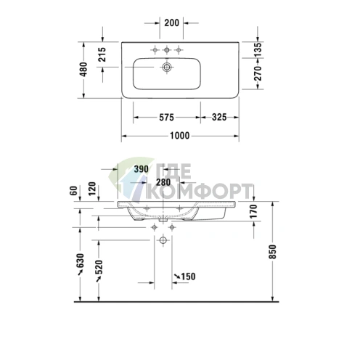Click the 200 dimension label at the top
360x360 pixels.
172,23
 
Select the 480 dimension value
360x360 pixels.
83,70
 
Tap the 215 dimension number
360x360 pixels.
102,54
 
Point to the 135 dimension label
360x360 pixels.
258,50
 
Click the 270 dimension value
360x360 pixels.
258,73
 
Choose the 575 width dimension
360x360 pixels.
166,118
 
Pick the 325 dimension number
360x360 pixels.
219,117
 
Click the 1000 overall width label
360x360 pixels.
179,136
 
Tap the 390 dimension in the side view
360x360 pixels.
141,169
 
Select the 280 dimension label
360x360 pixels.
163,182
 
